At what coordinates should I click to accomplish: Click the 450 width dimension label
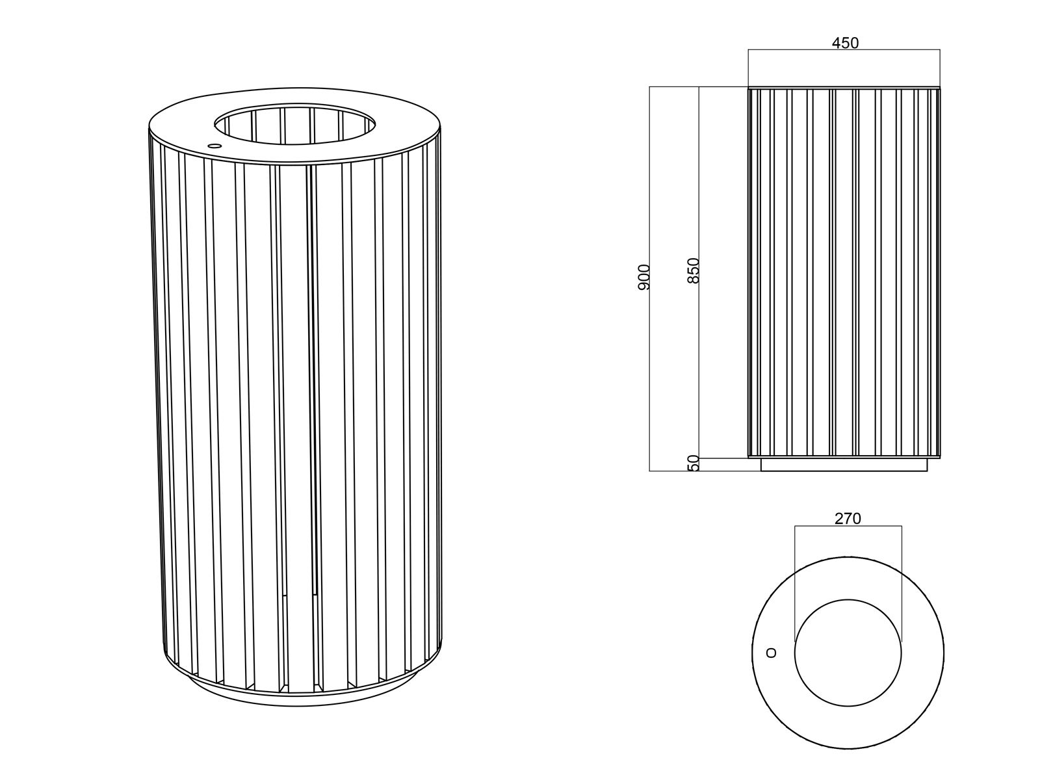coord(845,43)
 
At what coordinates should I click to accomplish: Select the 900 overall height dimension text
coord(643,277)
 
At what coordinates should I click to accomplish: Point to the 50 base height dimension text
coord(693,463)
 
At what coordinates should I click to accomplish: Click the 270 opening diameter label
coord(848,519)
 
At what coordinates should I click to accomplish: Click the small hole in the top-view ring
coord(772,653)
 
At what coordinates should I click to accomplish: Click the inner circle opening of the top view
coord(848,653)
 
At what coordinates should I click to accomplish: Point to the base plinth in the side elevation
coord(844,465)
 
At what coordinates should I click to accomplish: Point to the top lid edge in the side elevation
coord(844,88)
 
